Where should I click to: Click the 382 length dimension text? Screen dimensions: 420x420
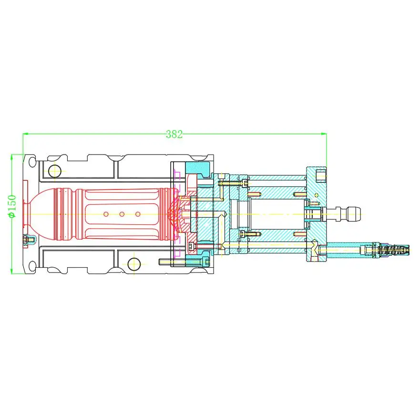(x=174, y=135)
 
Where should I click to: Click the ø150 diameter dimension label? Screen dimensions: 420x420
(x=13, y=206)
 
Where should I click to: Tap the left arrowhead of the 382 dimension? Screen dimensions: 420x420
(x=25, y=134)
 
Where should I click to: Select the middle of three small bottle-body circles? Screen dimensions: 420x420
(x=122, y=214)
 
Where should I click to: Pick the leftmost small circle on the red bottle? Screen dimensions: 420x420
(x=106, y=214)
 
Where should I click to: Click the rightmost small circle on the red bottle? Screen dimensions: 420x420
(x=138, y=214)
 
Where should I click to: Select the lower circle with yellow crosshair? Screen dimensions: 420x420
(x=133, y=263)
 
